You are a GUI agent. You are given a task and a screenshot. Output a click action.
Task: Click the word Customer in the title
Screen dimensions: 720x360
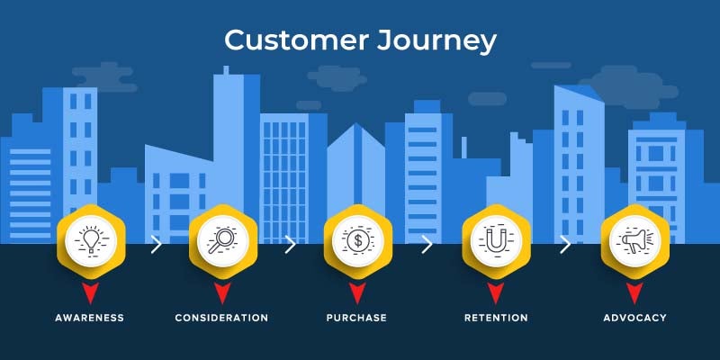click(296, 40)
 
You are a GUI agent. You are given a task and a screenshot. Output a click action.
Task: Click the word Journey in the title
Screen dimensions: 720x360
click(436, 42)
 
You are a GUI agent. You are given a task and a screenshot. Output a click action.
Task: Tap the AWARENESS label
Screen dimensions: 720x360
click(89, 318)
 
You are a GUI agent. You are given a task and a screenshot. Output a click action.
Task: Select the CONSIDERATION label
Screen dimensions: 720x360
click(221, 318)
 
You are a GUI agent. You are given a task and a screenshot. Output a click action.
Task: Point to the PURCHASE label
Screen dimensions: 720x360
click(356, 318)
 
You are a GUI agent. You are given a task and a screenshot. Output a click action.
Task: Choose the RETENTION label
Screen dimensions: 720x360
click(496, 318)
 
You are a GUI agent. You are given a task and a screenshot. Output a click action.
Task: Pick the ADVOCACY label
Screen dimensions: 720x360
click(634, 318)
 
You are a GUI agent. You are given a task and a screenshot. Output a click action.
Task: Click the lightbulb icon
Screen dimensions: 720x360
click(92, 240)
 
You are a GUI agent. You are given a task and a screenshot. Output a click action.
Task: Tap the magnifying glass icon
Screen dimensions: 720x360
click(222, 240)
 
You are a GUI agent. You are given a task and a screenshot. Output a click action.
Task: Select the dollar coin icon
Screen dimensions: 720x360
click(357, 240)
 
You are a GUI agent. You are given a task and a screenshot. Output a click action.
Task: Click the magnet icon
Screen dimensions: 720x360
click(496, 240)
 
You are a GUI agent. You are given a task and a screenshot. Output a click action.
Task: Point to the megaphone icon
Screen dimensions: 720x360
click(634, 240)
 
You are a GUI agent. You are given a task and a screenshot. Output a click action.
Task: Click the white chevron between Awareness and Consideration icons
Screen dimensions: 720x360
click(157, 244)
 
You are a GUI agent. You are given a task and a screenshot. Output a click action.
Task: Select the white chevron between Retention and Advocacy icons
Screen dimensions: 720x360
click(565, 244)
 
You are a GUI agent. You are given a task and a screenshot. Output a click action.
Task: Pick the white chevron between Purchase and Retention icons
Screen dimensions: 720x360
click(427, 244)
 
